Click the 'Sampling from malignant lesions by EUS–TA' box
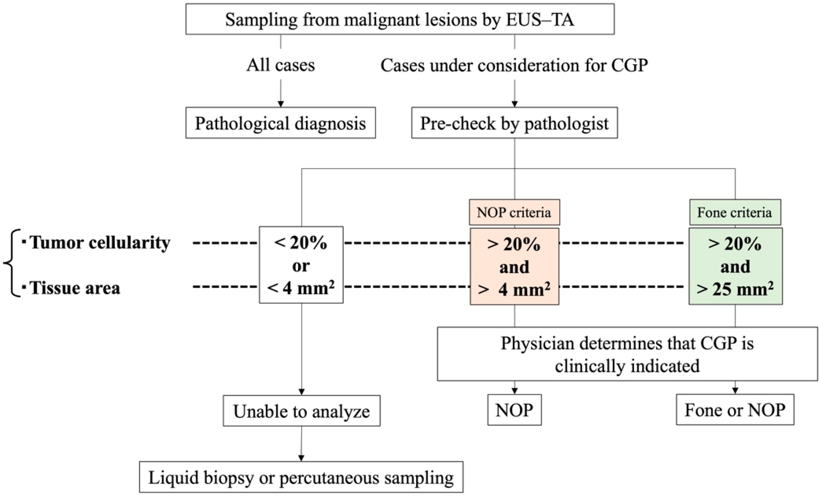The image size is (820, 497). point(400,19)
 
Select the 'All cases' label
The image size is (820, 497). point(280,65)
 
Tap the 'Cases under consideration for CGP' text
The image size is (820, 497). point(514,65)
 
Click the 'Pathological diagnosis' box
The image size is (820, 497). point(280,123)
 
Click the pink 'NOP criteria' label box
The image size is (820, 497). point(514,212)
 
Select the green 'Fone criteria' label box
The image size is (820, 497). point(735,212)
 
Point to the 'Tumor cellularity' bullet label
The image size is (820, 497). point(100,242)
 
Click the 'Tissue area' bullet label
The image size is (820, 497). point(75,288)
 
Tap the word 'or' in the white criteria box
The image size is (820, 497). point(301,266)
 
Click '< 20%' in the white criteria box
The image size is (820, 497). point(301,243)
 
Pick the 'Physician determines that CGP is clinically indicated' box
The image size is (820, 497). point(627,354)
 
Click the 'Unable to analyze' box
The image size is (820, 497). point(301,411)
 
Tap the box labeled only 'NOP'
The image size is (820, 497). point(514,410)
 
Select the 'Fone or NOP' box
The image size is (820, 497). point(735,410)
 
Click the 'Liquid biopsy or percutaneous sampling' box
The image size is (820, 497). point(301,477)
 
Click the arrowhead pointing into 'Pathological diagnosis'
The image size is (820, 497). point(280,104)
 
